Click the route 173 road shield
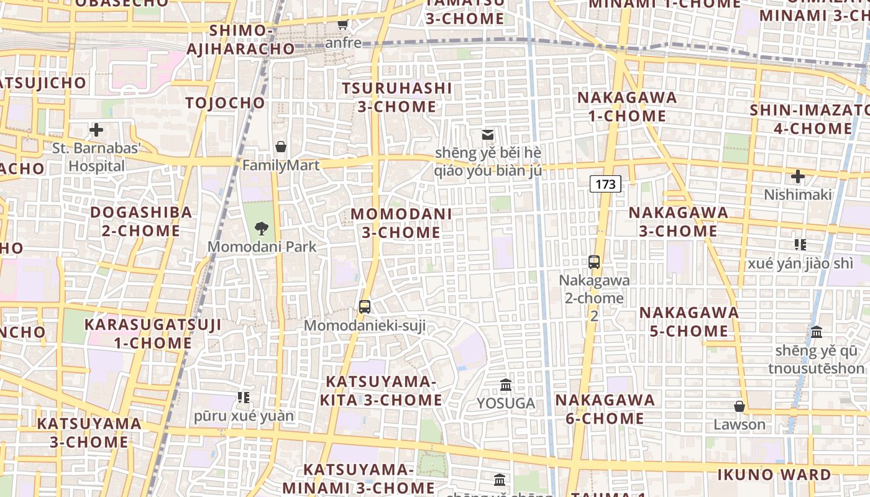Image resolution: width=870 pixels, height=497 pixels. [605, 184]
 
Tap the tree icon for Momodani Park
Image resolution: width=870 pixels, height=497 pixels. [262, 228]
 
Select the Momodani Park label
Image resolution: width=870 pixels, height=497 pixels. [262, 247]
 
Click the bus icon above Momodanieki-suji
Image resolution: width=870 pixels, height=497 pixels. [365, 306]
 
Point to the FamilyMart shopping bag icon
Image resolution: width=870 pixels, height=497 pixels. [281, 147]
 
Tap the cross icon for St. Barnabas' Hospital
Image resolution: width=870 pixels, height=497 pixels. [96, 130]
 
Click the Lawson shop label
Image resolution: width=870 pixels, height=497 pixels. [739, 425]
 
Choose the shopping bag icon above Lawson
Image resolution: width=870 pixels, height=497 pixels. [739, 406]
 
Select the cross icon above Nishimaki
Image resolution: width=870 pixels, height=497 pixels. [798, 176]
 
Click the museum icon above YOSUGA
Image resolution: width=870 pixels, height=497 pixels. [506, 385]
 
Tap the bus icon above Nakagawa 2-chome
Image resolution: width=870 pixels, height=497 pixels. [594, 262]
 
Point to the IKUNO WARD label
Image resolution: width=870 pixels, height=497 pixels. [774, 475]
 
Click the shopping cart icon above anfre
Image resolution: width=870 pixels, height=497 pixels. [342, 24]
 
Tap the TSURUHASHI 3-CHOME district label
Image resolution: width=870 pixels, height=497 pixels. [397, 98]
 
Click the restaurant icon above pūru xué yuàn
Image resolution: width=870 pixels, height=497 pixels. [244, 397]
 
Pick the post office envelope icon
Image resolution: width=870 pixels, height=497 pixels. [488, 134]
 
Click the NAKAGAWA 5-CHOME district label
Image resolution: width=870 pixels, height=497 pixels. [689, 321]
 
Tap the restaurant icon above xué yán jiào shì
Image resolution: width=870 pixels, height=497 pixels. [800, 245]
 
